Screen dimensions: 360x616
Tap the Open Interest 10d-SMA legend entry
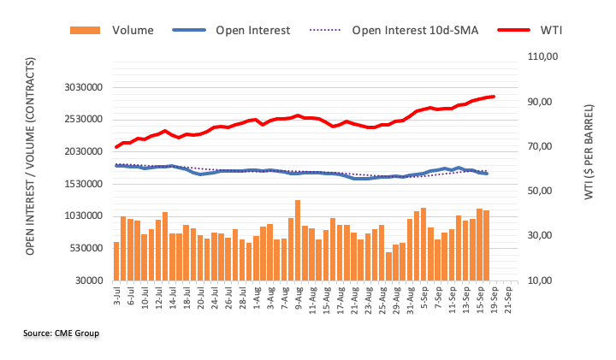[414, 30]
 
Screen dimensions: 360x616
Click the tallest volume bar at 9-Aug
[298, 240]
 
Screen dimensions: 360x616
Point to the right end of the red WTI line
[494, 97]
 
